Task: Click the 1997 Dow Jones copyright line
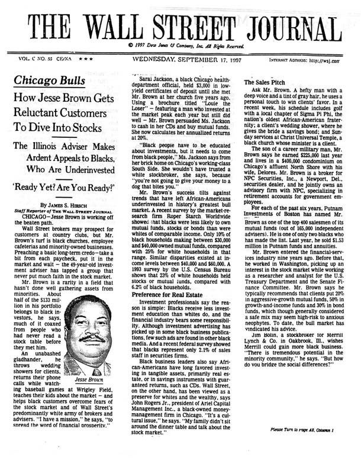[180, 46]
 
